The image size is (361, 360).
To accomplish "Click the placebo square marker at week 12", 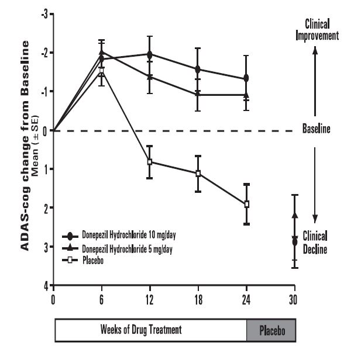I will click(150, 161).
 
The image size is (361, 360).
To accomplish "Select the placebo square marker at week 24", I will click(246, 204).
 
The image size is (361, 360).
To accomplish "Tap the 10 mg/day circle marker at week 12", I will click(150, 54).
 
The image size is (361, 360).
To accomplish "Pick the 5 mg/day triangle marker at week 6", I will click(101, 53).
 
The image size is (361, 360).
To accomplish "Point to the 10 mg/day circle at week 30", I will click(294, 241).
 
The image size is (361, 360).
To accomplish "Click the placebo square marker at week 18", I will click(198, 173).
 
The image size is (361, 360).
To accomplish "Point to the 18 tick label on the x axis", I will click(198, 297).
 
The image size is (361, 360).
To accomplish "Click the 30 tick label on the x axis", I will click(294, 297).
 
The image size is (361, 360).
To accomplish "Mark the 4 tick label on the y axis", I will click(44, 286).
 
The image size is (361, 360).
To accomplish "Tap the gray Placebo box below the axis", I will click(271, 330).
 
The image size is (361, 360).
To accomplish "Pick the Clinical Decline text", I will click(315, 242).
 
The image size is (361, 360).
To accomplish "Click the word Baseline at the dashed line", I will click(315, 130).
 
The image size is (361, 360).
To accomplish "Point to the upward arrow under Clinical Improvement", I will click(315, 82).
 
